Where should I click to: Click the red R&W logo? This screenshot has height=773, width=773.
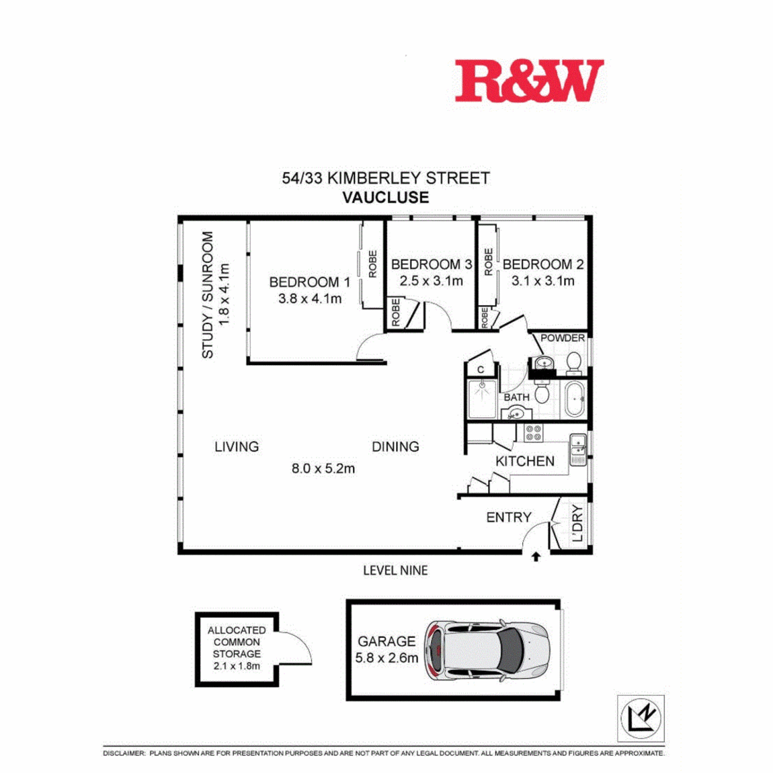(529, 81)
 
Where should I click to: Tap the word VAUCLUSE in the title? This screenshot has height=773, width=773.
(386, 198)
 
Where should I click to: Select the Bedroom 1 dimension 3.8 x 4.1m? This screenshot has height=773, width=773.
(310, 298)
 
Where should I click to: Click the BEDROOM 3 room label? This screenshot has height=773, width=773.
(432, 264)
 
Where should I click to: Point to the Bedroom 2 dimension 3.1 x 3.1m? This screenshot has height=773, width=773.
(542, 281)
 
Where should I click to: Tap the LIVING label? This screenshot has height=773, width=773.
(237, 446)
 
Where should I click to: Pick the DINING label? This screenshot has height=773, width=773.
(395, 446)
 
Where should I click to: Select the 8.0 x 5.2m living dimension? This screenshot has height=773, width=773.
(323, 469)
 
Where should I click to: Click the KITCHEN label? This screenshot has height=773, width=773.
(525, 461)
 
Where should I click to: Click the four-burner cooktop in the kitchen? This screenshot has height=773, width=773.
(534, 434)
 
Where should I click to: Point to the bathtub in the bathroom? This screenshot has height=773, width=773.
(575, 399)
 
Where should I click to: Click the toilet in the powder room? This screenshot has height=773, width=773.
(573, 364)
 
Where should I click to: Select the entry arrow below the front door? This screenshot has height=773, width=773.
(536, 557)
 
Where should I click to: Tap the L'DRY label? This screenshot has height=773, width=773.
(578, 523)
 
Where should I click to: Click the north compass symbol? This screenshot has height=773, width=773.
(641, 718)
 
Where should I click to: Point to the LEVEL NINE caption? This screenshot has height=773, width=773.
(395, 571)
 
